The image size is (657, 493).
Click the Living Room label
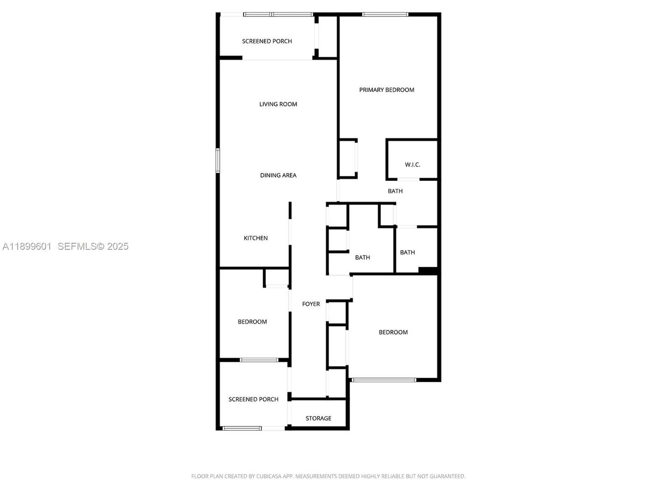(x=278, y=104)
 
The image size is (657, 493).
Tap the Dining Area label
(x=278, y=175)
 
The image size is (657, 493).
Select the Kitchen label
(x=255, y=238)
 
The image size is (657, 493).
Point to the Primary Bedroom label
(x=386, y=90)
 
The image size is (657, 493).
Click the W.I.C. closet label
(x=412, y=164)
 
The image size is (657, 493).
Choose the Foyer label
(x=311, y=304)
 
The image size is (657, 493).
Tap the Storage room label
(x=318, y=418)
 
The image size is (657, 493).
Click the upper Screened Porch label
(x=267, y=41)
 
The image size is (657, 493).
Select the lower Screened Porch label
(x=253, y=399)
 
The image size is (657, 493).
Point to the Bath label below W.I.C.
(x=395, y=191)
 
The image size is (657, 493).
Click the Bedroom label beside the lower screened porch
(x=252, y=322)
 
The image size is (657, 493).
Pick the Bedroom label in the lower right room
(x=393, y=332)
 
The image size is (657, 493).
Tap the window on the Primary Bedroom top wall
(x=385, y=15)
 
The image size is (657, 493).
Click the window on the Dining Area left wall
(x=218, y=160)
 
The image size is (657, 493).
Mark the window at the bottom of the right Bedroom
(x=384, y=380)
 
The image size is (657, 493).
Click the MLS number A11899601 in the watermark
(x=27, y=246)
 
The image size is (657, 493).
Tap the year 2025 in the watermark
(x=118, y=246)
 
